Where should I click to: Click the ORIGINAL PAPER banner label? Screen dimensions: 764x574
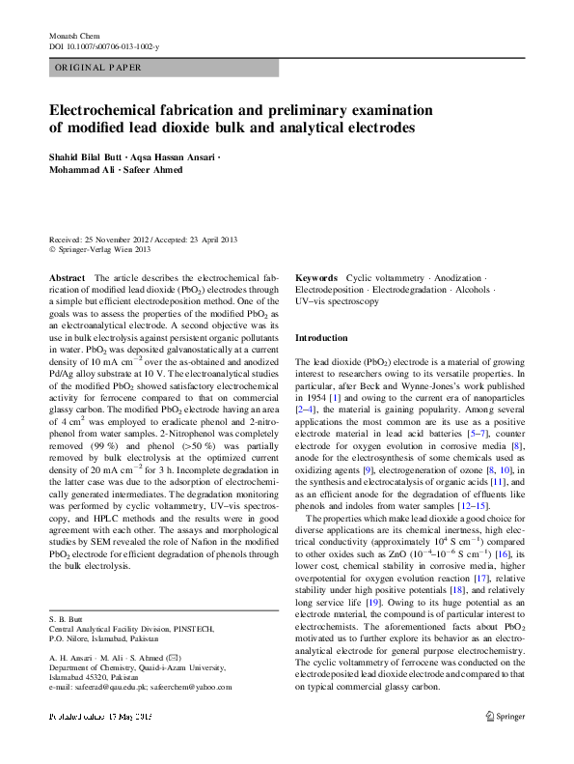(x=99, y=68)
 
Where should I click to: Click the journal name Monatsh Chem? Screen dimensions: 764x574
(x=73, y=36)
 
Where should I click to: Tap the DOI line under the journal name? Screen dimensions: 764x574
(x=104, y=46)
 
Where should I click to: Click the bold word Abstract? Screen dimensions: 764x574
(x=67, y=277)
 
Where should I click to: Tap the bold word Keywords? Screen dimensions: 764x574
(x=316, y=277)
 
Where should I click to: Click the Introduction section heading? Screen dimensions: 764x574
(x=321, y=338)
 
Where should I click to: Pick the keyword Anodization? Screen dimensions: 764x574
(x=456, y=277)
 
